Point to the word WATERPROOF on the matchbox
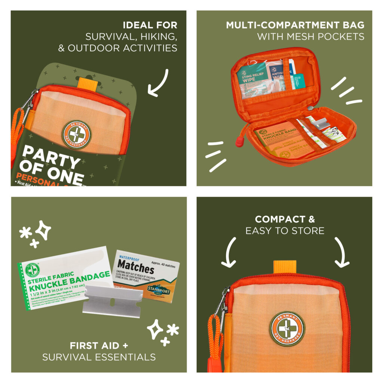click(x=129, y=258)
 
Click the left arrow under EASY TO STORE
click(x=229, y=252)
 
